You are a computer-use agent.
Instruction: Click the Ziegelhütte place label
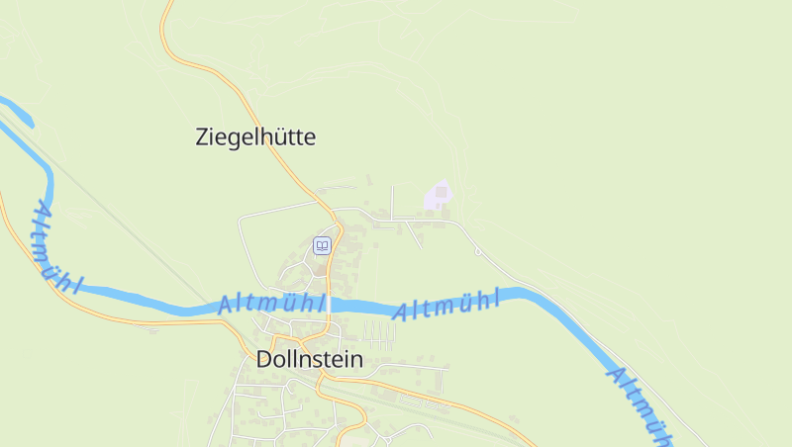point(255,137)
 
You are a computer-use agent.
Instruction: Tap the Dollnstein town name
point(309,359)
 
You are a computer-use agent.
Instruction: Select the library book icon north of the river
point(322,245)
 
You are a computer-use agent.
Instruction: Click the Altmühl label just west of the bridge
point(271,304)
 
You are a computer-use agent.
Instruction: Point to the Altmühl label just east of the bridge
point(445,304)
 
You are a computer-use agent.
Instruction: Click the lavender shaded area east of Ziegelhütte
point(438,196)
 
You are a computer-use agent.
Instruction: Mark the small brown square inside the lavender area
point(442,191)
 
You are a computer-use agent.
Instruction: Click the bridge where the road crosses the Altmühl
point(330,304)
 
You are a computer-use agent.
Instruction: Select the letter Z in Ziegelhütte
point(203,137)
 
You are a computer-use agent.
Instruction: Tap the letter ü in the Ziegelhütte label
point(281,137)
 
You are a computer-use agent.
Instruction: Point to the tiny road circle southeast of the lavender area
point(477,252)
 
